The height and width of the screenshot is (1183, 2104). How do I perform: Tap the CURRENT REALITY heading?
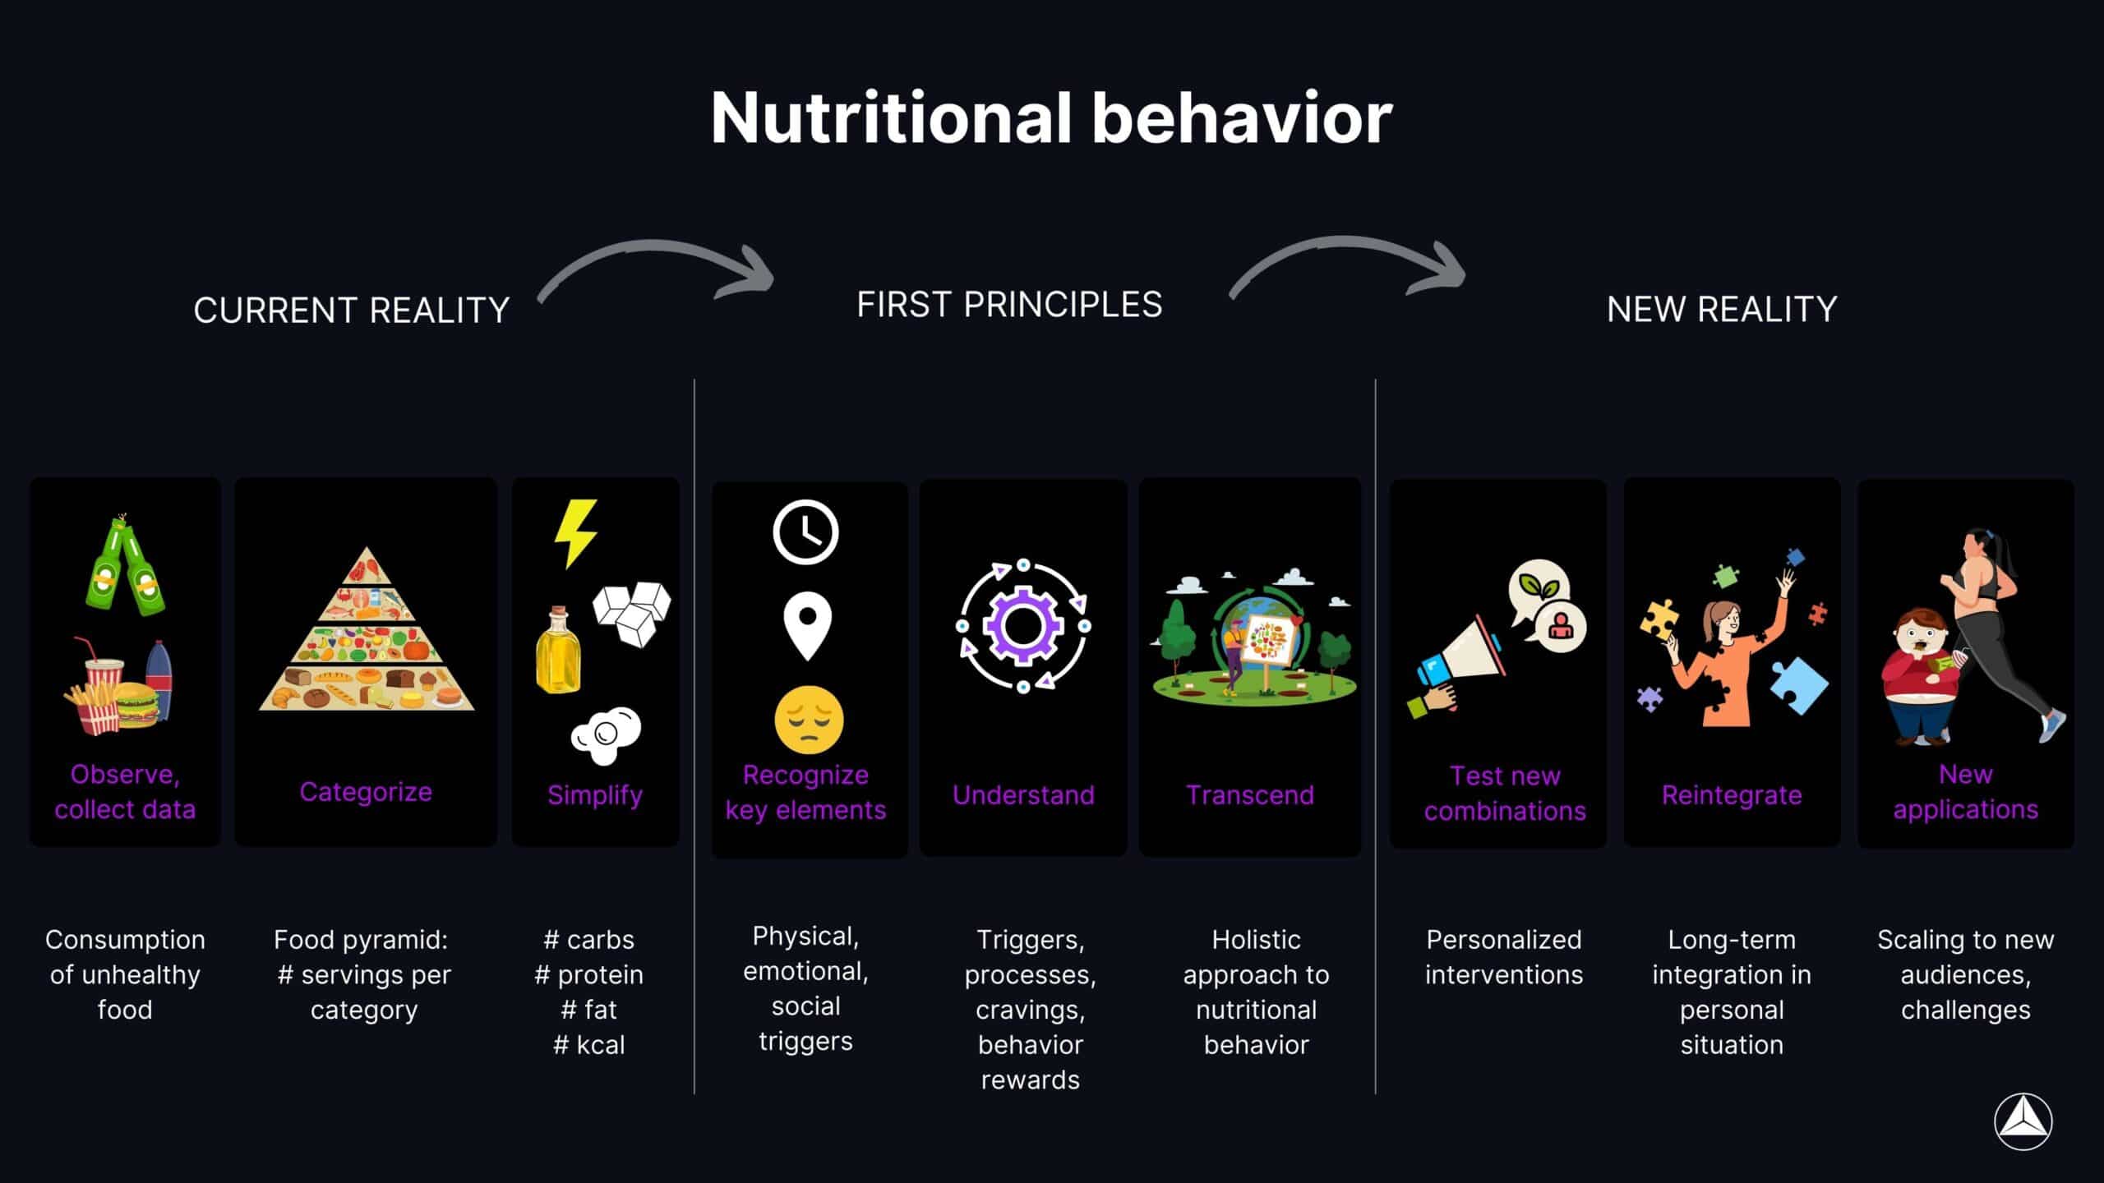(x=351, y=311)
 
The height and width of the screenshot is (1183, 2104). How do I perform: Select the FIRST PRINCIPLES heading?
(x=1009, y=305)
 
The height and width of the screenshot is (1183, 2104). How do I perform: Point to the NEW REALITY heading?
(x=1721, y=310)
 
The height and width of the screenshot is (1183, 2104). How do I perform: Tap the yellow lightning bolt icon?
(x=575, y=532)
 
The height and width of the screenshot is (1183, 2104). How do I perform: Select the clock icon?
(x=805, y=532)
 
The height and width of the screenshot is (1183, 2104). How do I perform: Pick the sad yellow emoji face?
(x=809, y=720)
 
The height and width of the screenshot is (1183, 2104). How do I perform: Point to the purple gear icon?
(x=1023, y=626)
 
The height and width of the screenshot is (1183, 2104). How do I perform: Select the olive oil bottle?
(x=558, y=651)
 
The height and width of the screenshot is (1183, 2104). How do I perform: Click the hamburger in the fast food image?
(x=136, y=705)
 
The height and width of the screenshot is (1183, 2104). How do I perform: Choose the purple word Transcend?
(x=1249, y=794)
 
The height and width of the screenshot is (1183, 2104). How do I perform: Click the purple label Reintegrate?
(x=1731, y=794)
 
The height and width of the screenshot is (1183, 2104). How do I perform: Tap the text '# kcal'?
(x=589, y=1045)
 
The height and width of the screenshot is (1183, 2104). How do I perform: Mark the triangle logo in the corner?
(x=2023, y=1122)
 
